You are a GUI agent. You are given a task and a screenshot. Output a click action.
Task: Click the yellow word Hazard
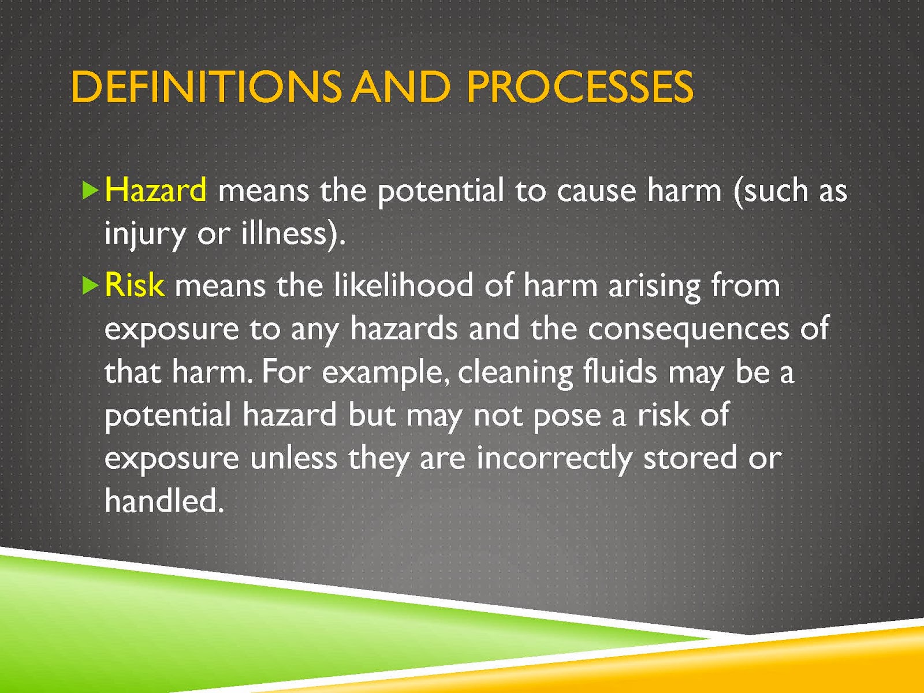coord(155,190)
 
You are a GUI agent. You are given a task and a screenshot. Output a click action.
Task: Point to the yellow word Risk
coord(135,285)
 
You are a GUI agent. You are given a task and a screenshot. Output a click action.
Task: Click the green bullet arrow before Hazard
coord(90,191)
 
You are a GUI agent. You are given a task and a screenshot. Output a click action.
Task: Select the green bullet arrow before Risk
coord(90,286)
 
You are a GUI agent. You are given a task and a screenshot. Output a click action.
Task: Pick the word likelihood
coord(403,285)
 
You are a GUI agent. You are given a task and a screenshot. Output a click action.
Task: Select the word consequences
coord(688,330)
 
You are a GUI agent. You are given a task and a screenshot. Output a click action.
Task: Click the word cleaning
coord(515,374)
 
